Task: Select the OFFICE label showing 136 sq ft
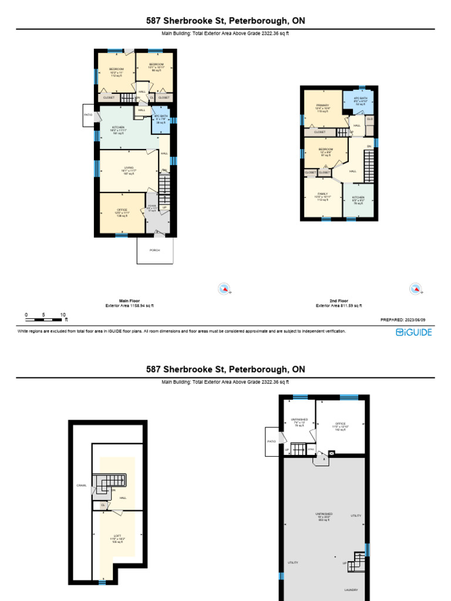click(122, 210)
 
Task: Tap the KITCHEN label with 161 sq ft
click(118, 127)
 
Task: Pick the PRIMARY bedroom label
click(322, 105)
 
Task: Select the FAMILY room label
click(322, 193)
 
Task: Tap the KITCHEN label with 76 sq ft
click(358, 198)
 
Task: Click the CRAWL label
click(81, 485)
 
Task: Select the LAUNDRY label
click(351, 590)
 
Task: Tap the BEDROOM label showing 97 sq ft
click(325, 149)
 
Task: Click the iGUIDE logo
click(413, 332)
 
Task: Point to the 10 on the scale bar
click(62, 315)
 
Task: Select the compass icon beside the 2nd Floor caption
click(415, 288)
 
